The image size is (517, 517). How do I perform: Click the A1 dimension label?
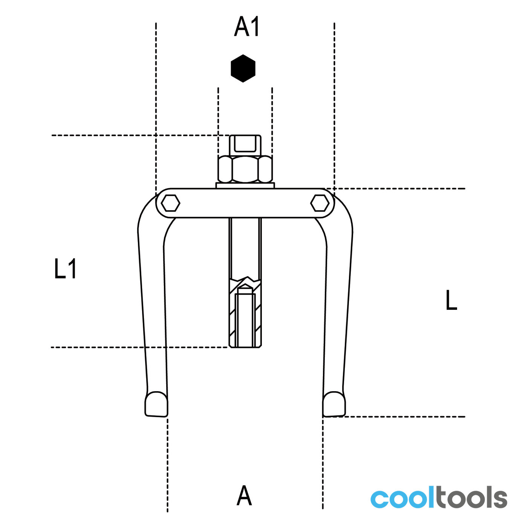pyautogui.click(x=246, y=26)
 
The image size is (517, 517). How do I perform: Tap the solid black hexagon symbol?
pyautogui.click(x=243, y=69)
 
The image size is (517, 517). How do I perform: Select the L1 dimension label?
pyautogui.click(x=65, y=269)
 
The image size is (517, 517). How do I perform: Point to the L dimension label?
pyautogui.click(x=451, y=300)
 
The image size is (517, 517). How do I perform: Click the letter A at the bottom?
pyautogui.click(x=244, y=495)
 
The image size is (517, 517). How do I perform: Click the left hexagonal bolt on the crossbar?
pyautogui.click(x=170, y=203)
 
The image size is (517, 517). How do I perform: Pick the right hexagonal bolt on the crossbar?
pyautogui.click(x=320, y=203)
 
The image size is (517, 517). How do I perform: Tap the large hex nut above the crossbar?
pyautogui.click(x=245, y=169)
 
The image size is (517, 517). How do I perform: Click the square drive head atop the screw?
pyautogui.click(x=245, y=145)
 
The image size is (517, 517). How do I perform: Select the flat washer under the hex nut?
pyautogui.click(x=245, y=185)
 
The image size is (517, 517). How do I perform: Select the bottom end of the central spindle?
pyautogui.click(x=245, y=347)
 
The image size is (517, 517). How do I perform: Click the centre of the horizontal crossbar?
pyautogui.click(x=245, y=203)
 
